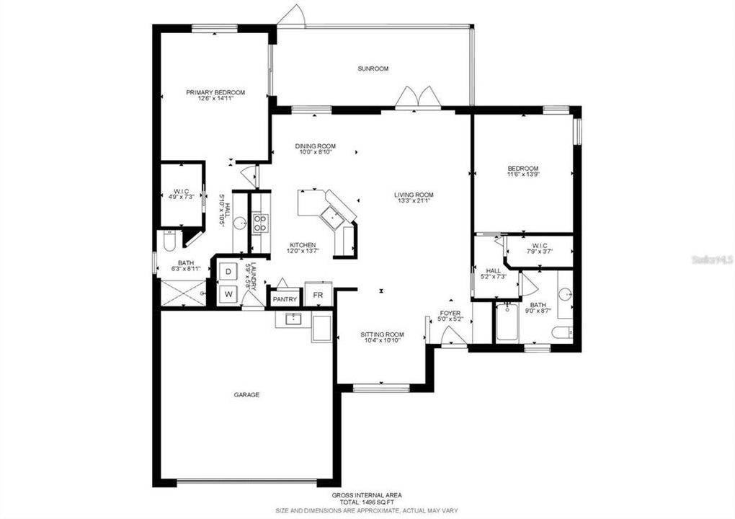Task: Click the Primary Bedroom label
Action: pyautogui.click(x=215, y=92)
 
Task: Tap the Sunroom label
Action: pyautogui.click(x=373, y=69)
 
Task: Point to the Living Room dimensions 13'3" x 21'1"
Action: pyautogui.click(x=413, y=201)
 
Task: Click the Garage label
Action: pyautogui.click(x=246, y=395)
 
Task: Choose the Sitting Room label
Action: pyautogui.click(x=382, y=334)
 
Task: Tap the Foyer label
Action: pyautogui.click(x=450, y=314)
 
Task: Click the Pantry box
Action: pyautogui.click(x=284, y=298)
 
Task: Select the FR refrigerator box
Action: pyautogui.click(x=318, y=296)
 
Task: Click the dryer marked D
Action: pyautogui.click(x=228, y=272)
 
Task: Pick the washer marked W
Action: pyautogui.click(x=228, y=294)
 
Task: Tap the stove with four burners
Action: pyautogui.click(x=259, y=223)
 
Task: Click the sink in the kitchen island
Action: pyautogui.click(x=331, y=216)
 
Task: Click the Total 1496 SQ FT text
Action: pyautogui.click(x=367, y=502)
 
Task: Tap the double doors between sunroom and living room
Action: pyautogui.click(x=418, y=98)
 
